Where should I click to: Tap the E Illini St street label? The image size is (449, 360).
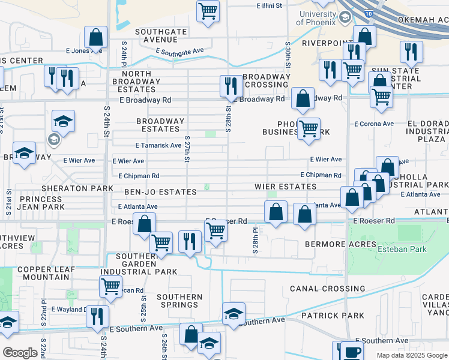pyautogui.click(x=273, y=5)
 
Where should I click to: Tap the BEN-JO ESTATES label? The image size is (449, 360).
pyautogui.click(x=160, y=192)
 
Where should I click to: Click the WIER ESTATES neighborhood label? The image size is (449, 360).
pyautogui.click(x=285, y=187)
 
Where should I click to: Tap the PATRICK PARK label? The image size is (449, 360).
pyautogui.click(x=333, y=315)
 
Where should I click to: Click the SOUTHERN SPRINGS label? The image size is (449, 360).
pyautogui.click(x=179, y=302)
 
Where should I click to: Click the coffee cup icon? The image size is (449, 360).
pyautogui.click(x=351, y=350)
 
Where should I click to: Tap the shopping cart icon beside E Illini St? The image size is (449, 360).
pyautogui.click(x=208, y=10)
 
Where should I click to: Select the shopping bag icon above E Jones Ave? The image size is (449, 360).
pyautogui.click(x=95, y=37)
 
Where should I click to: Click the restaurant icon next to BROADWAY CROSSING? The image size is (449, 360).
pyautogui.click(x=231, y=86)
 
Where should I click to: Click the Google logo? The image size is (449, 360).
pyautogui.click(x=20, y=353)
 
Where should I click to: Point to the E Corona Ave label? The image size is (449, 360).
pyautogui.click(x=373, y=124)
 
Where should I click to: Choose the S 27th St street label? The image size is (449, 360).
pyautogui.click(x=187, y=152)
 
